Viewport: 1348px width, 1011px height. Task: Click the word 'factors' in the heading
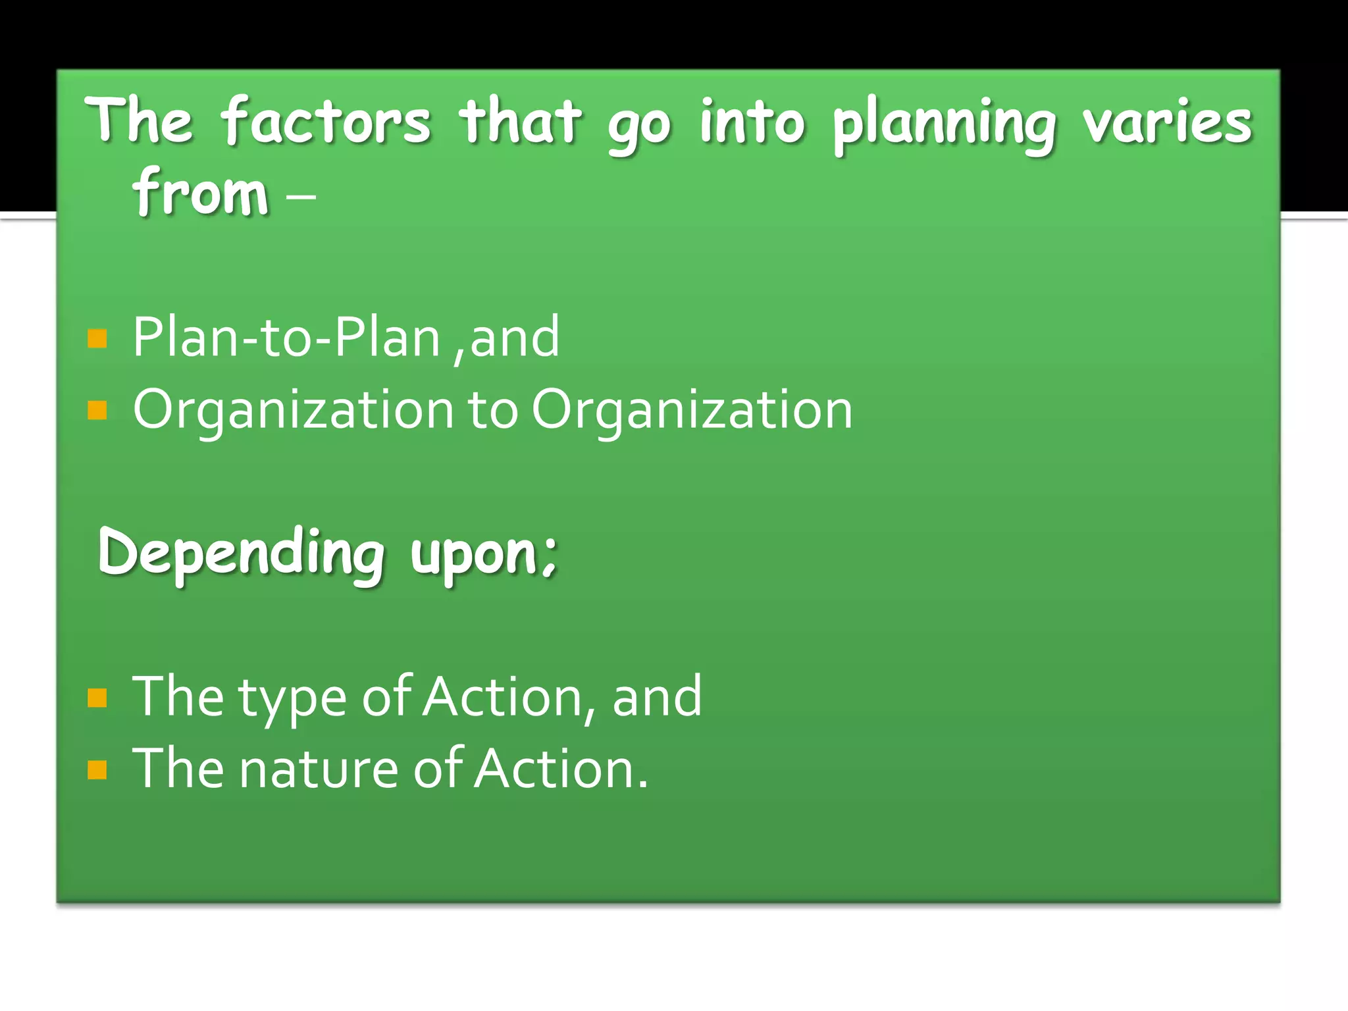tap(326, 122)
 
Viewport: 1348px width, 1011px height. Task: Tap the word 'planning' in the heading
tap(945, 125)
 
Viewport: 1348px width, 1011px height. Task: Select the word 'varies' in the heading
tap(1168, 122)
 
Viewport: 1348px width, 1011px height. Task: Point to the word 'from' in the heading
tap(201, 192)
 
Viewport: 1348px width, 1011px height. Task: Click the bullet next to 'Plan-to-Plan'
tap(97, 338)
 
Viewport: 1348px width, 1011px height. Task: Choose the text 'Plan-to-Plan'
tap(286, 338)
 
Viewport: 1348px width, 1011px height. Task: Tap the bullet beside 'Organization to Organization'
tap(97, 411)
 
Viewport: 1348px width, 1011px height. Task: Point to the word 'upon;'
tap(484, 554)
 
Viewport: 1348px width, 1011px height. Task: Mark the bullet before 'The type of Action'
tap(97, 698)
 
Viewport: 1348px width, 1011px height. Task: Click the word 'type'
tap(292, 699)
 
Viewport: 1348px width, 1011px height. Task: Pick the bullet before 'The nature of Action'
tap(97, 769)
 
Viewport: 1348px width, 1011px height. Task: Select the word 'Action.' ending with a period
tap(561, 768)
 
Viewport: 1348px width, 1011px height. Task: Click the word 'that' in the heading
tap(520, 122)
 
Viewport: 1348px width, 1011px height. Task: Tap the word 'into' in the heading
tap(751, 122)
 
